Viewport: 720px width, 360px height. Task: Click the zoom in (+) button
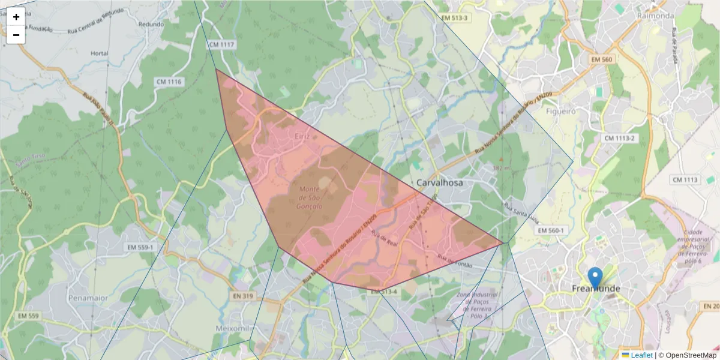[16, 17]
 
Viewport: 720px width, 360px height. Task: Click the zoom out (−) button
[16, 35]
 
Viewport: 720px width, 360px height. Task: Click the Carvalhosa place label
[439, 182]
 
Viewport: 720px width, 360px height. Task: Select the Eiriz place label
[302, 136]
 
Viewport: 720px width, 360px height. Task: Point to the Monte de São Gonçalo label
[311, 197]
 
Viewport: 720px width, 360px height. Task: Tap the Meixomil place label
[231, 328]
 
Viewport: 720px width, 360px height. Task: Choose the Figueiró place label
[561, 111]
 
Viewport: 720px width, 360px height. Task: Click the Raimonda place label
[656, 16]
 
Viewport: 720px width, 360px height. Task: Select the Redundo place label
[151, 25]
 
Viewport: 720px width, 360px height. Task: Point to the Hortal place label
[99, 53]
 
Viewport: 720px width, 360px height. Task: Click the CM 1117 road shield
[223, 45]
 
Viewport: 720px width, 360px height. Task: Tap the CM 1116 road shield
[169, 82]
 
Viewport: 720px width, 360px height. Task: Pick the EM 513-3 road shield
[454, 18]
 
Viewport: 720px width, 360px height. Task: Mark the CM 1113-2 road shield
[619, 138]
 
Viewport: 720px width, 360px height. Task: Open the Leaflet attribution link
[641, 355]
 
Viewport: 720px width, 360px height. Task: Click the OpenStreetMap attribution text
[691, 355]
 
